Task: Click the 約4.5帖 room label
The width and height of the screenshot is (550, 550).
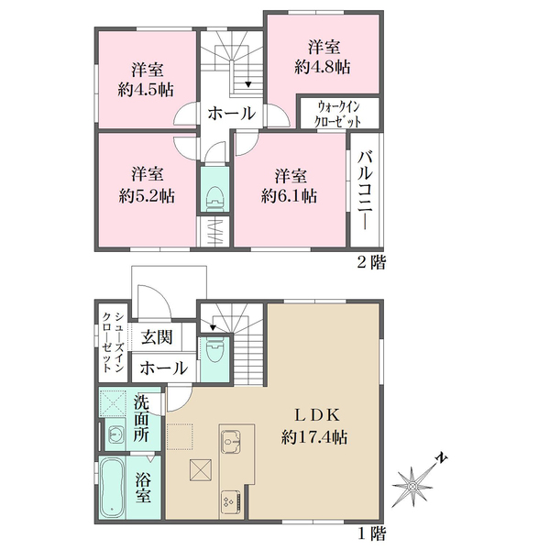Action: (x=147, y=80)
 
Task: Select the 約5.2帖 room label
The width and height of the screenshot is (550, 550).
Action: (x=147, y=184)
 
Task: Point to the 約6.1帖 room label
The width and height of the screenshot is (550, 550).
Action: (x=289, y=184)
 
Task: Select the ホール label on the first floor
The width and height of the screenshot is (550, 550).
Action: (x=165, y=368)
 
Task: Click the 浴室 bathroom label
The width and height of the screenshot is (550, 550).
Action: (x=144, y=487)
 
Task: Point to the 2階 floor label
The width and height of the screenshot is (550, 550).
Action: (x=370, y=262)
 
